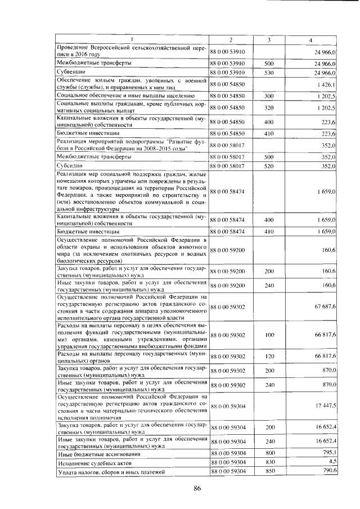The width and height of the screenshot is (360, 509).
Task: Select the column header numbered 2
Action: click(x=231, y=39)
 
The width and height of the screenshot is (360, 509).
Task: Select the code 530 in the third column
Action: click(x=269, y=73)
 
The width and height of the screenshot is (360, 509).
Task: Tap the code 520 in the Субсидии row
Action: click(x=269, y=166)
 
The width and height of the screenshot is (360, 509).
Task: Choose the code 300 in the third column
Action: click(x=269, y=96)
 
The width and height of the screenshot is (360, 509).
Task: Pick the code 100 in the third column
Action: click(x=269, y=335)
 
